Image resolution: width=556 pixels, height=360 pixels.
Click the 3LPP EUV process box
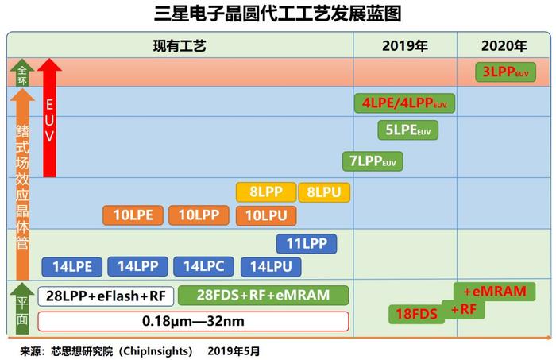[x=505, y=72]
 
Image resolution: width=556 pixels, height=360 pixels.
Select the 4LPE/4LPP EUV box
[x=404, y=103]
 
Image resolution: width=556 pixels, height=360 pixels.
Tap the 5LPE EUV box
[x=407, y=130]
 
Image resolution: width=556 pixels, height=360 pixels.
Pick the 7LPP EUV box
[x=373, y=161]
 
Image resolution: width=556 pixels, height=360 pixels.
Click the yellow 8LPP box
[x=266, y=192]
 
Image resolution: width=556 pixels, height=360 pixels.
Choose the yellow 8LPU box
[x=324, y=192]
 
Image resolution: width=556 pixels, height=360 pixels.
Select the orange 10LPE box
[x=133, y=215]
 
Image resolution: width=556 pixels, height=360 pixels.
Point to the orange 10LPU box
[x=266, y=215]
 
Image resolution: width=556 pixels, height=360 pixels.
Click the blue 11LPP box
[x=307, y=244]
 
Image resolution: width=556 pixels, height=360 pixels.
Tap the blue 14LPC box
[x=203, y=266]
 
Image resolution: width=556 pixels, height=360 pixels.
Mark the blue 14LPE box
[x=72, y=267]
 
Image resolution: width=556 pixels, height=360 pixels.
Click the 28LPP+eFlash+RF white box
[x=106, y=296]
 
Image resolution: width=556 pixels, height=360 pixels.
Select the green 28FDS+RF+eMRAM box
[x=263, y=295]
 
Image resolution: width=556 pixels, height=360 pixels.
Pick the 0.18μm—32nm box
[x=193, y=321]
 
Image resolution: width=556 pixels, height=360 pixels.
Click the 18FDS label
[x=417, y=314]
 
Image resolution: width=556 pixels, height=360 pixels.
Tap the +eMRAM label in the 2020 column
[x=495, y=292]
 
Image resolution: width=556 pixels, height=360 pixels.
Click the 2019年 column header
[x=405, y=46]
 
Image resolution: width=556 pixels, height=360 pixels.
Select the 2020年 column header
[x=504, y=46]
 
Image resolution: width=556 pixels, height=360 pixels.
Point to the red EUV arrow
[x=49, y=118]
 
